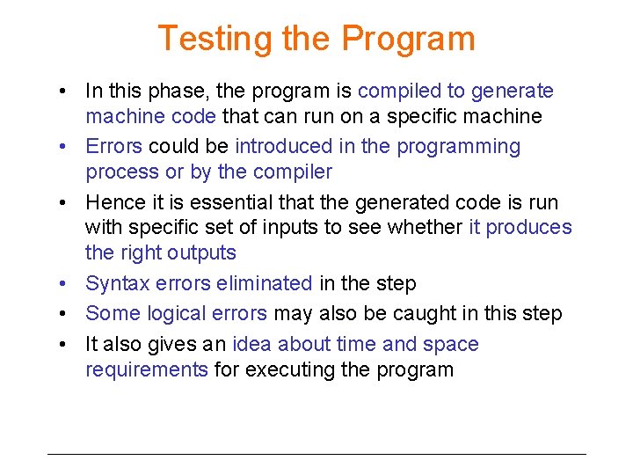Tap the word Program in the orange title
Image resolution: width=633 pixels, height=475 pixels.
[x=408, y=39]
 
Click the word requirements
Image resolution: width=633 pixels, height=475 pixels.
[x=147, y=369]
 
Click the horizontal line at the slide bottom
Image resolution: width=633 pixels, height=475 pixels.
[x=316, y=454]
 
